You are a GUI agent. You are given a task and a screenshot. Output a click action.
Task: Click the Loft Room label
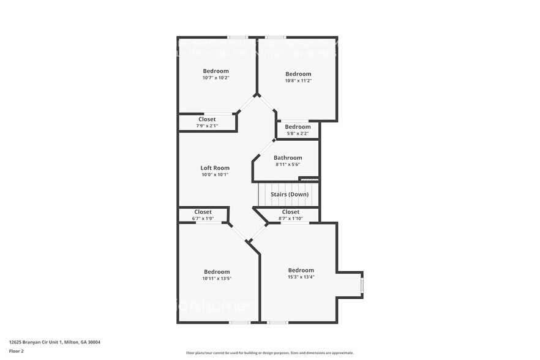[x=215, y=168]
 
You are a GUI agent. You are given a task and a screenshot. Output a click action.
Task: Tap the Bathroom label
[x=288, y=157]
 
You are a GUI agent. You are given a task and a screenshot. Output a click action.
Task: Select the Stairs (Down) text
[x=290, y=195]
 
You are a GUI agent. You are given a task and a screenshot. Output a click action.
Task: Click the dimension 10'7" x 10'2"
[x=216, y=78]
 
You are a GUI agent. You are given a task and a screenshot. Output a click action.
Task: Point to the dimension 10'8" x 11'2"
[x=298, y=81]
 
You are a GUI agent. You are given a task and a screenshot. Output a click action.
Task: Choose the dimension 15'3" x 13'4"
[x=301, y=277]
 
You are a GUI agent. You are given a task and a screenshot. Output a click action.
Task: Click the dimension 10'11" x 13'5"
[x=217, y=279]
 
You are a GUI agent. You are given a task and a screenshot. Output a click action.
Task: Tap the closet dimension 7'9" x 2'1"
[x=207, y=126]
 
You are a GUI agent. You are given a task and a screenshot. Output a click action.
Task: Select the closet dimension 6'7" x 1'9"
[x=203, y=218]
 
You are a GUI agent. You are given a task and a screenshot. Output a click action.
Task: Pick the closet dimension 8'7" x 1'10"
[x=291, y=218]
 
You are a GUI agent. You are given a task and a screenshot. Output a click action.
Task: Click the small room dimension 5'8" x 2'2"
[x=298, y=133]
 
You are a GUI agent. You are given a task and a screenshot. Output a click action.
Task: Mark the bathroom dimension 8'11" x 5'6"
[x=288, y=164]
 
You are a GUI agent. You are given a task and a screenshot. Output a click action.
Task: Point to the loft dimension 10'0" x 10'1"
[x=215, y=174]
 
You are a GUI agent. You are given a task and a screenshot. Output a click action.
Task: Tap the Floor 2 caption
[x=17, y=351]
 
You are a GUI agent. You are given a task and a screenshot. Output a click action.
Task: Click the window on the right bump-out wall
[x=362, y=285]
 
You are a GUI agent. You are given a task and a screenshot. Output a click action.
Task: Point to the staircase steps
[x=288, y=195]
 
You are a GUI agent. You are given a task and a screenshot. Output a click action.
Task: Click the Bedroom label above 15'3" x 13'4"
[x=301, y=270]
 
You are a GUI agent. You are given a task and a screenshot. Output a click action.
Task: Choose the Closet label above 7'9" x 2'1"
[x=207, y=119]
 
